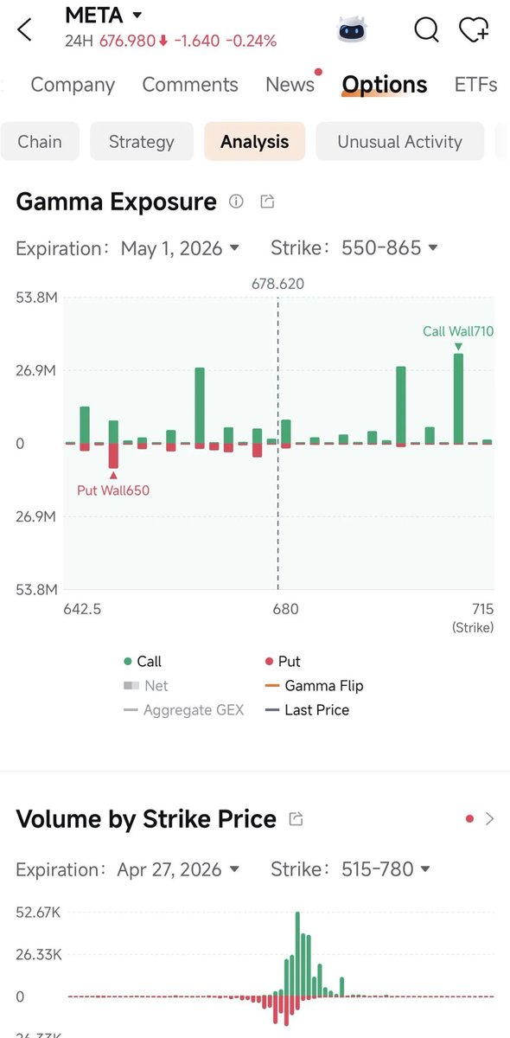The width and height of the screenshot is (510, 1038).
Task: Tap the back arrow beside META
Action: [24, 29]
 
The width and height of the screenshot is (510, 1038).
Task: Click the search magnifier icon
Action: [426, 29]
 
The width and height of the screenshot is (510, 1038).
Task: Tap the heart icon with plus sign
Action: [474, 29]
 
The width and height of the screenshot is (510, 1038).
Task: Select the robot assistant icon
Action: [352, 29]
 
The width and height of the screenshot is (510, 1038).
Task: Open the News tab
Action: [290, 85]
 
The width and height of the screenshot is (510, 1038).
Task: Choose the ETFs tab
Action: [475, 85]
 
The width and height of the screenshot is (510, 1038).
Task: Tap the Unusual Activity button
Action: [399, 141]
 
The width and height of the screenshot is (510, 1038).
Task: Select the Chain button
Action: [40, 141]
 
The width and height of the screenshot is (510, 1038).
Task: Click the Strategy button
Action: [142, 141]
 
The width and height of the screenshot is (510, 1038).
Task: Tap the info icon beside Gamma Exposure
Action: [236, 201]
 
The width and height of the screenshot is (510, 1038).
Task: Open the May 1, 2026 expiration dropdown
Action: [180, 248]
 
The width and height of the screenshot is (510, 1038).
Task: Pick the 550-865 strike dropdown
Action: [390, 248]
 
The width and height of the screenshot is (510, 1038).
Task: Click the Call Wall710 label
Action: [458, 331]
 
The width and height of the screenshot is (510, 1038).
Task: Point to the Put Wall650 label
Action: [113, 490]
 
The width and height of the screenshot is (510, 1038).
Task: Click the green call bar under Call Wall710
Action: [458, 399]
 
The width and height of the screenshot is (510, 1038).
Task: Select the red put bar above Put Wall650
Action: [113, 456]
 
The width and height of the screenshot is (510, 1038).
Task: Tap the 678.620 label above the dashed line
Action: [278, 284]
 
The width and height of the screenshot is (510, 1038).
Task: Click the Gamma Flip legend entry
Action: [314, 685]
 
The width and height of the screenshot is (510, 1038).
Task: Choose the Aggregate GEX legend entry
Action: [183, 710]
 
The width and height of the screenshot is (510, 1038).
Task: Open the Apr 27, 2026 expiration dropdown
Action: [178, 869]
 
